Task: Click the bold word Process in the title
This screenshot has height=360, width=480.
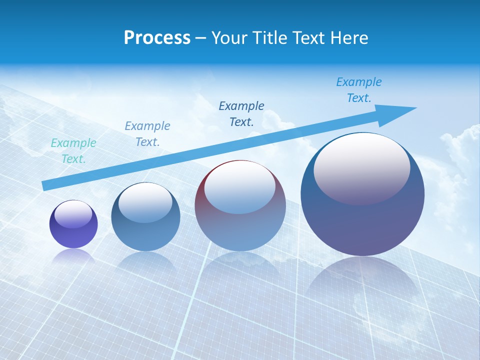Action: click(157, 37)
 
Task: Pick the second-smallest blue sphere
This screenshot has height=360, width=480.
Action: click(145, 217)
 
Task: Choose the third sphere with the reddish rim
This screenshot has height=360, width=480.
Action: click(239, 205)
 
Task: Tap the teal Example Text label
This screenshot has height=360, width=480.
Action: click(73, 150)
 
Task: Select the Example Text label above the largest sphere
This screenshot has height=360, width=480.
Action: click(358, 89)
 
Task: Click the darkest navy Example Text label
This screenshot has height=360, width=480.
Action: click(241, 113)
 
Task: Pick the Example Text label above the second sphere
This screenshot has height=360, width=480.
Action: click(147, 133)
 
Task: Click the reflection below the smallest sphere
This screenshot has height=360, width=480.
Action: click(73, 255)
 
